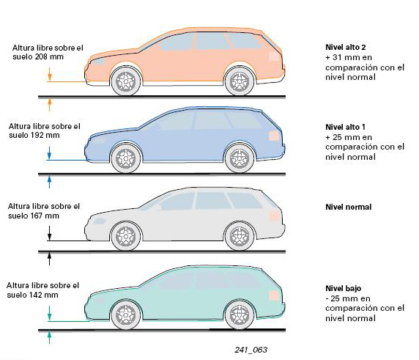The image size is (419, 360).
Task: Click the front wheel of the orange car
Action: point(126,81)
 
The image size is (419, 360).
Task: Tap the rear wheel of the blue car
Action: point(240,158)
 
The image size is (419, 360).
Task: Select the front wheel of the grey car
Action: point(126,236)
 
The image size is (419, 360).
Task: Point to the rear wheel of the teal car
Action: point(240,315)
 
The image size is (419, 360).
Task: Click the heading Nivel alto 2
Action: point(346,48)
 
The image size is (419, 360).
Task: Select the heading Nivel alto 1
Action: point(345,127)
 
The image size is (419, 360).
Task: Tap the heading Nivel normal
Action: point(349,207)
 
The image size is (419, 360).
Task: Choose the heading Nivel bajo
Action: point(343,288)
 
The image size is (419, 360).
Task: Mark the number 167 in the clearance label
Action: point(37,216)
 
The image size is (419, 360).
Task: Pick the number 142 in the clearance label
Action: point(36,295)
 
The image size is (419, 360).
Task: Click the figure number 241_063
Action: point(251,350)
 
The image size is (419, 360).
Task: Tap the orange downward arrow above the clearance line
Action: point(49,74)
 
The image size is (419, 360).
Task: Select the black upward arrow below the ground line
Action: point(49,259)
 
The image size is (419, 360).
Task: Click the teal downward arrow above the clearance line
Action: point(49,314)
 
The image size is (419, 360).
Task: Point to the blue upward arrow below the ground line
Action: point(49,182)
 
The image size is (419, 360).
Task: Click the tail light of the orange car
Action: point(274,56)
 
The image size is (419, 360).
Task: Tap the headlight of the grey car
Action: point(99,221)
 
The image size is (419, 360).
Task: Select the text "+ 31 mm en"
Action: point(349,57)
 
